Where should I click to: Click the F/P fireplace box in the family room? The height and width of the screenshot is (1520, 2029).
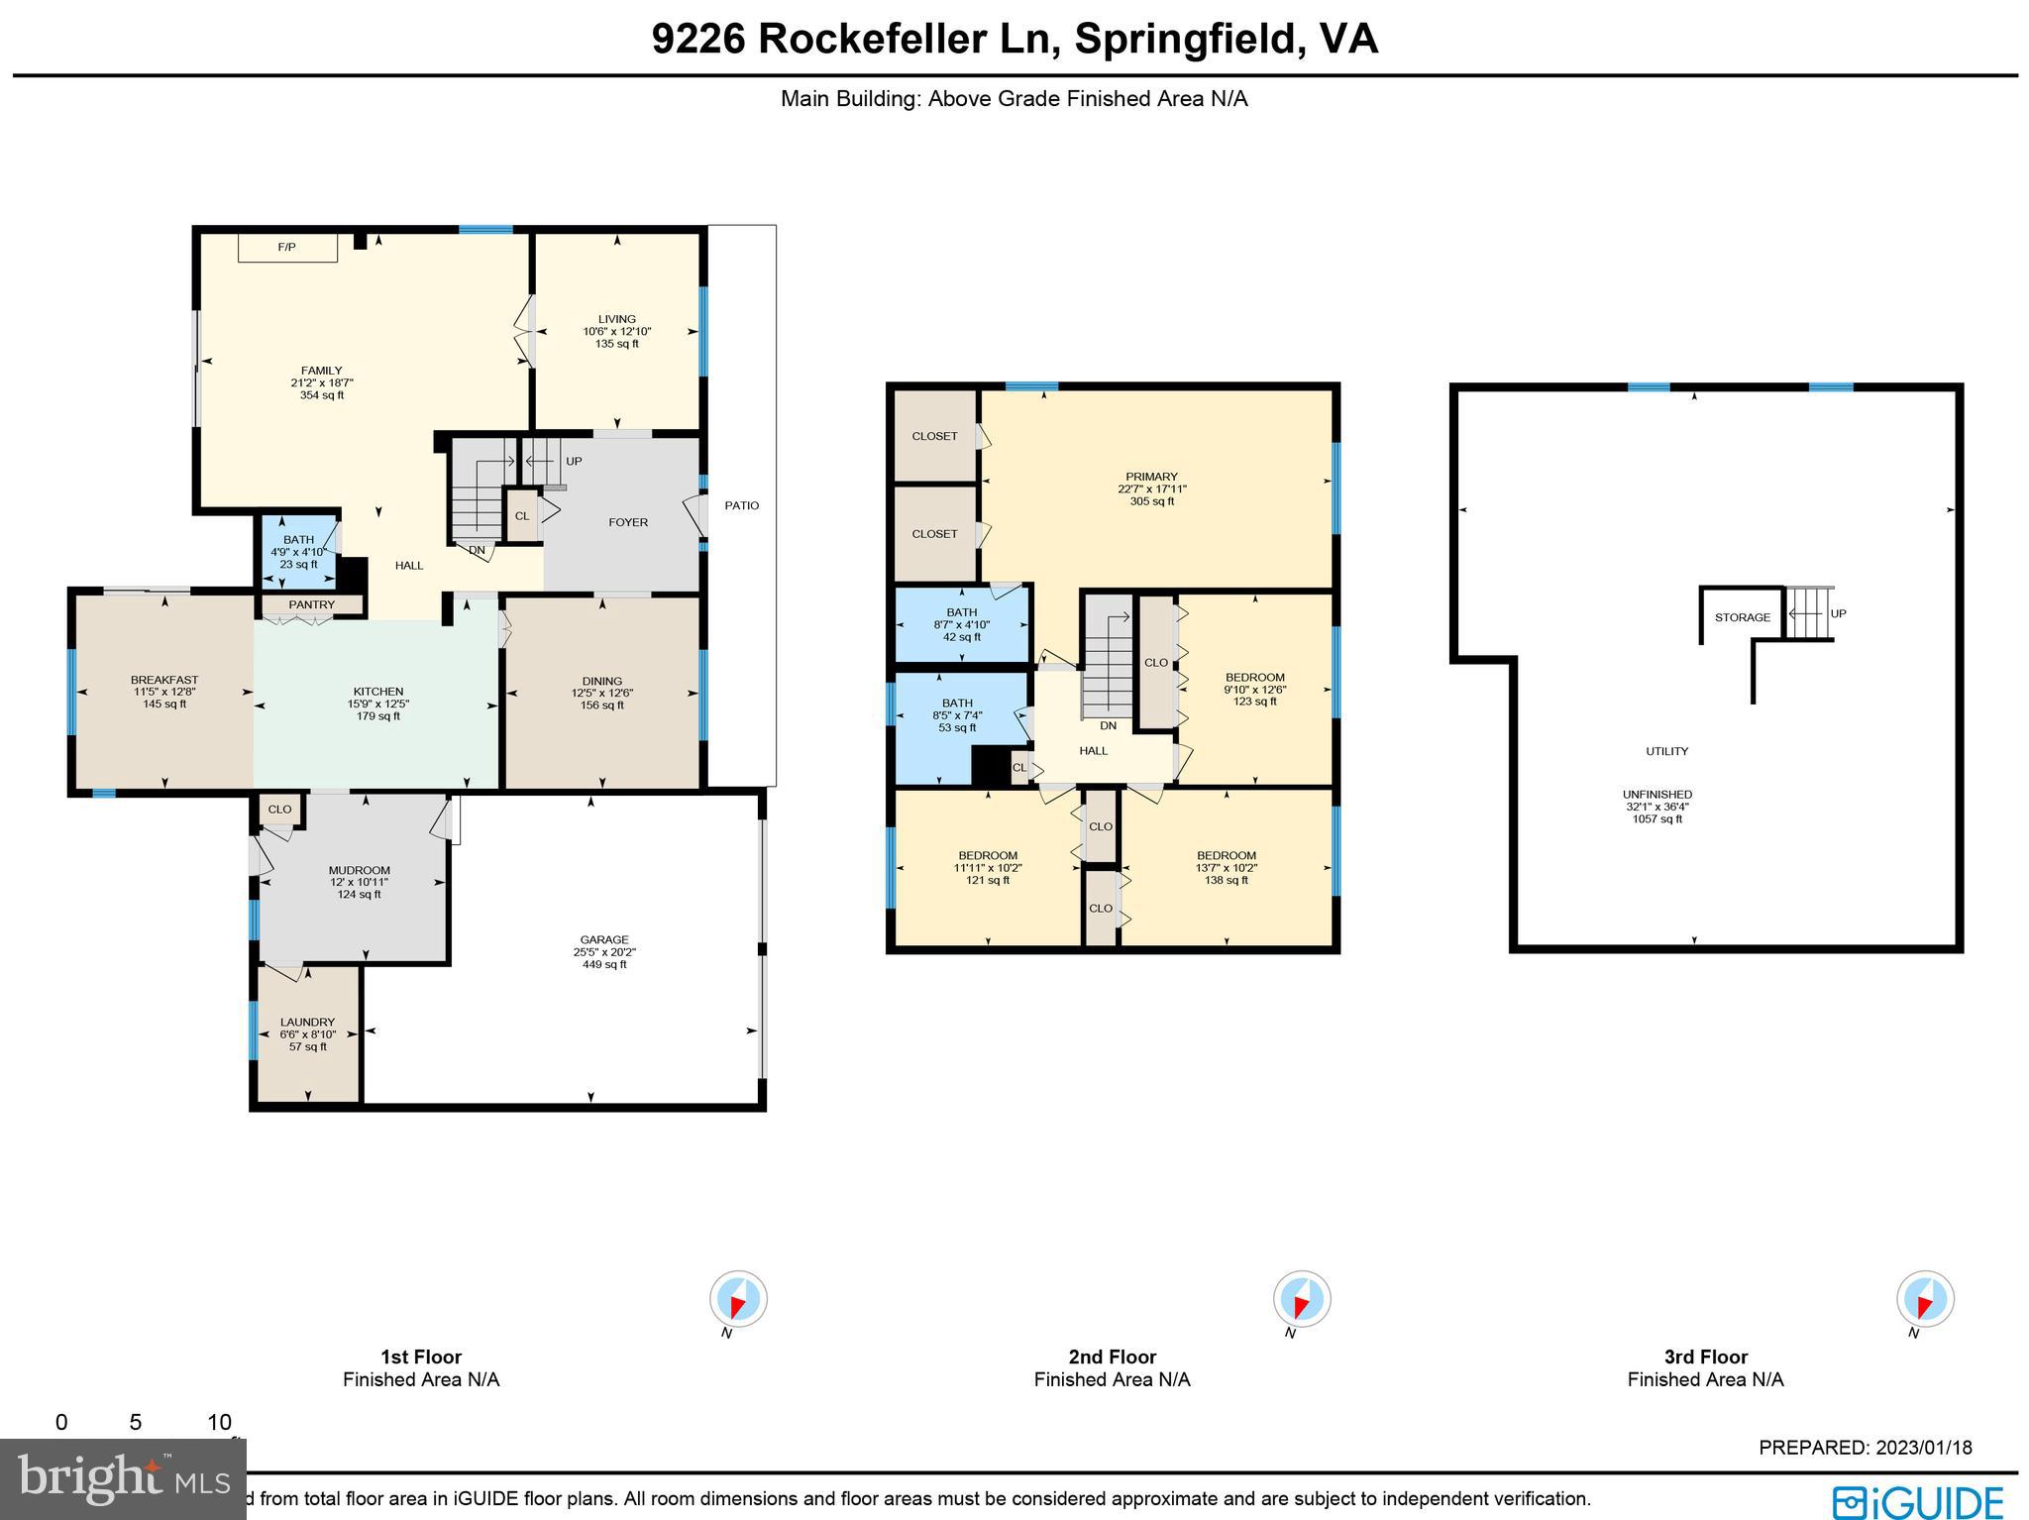[x=287, y=247]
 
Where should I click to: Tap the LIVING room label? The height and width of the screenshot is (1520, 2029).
[x=616, y=319]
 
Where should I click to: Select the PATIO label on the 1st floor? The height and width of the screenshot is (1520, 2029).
[x=741, y=505]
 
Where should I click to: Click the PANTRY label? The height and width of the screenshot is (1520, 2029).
[x=311, y=604]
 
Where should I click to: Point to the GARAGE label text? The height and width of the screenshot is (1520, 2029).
[x=604, y=939]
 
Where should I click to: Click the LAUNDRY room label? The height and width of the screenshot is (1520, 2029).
[x=307, y=1022]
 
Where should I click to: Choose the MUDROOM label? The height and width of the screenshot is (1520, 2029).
[x=359, y=870]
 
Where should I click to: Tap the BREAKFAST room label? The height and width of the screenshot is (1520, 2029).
[x=164, y=680]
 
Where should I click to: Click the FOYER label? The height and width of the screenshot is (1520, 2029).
[x=627, y=522]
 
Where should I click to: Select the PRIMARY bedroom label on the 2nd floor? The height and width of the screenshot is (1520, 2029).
[x=1151, y=477]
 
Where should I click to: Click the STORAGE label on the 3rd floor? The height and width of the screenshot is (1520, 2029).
[x=1742, y=617]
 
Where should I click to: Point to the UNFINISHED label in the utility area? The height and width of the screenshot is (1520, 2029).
[x=1656, y=794]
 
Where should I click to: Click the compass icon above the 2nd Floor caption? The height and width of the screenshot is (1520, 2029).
[x=1301, y=1298]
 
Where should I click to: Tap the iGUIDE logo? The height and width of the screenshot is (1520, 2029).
[x=1917, y=1500]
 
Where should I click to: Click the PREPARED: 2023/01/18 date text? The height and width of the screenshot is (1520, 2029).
[x=1865, y=1448]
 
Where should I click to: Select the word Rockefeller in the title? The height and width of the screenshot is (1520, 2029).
[x=874, y=40]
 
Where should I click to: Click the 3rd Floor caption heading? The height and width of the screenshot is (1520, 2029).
[x=1705, y=1357]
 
